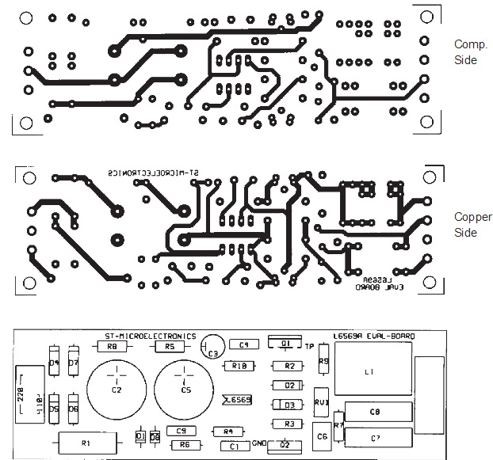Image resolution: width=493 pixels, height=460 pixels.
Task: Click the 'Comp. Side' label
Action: click(x=466, y=52)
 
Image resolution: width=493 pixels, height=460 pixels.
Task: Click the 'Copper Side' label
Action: click(x=467, y=225)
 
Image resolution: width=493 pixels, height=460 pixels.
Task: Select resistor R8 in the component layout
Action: click(x=112, y=347)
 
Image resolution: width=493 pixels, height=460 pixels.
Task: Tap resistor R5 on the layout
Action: click(x=169, y=347)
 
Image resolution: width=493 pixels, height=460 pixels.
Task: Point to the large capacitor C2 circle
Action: click(x=117, y=390)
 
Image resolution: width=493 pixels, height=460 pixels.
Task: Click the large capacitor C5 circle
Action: click(x=185, y=390)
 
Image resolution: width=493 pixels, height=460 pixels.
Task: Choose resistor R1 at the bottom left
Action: click(x=86, y=443)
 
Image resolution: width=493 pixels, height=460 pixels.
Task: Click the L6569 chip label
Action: click(x=237, y=400)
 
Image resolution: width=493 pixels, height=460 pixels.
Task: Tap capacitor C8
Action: click(x=376, y=412)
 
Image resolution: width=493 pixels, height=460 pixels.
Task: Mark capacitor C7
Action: click(x=376, y=437)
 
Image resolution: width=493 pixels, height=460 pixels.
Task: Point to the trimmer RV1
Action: click(x=322, y=401)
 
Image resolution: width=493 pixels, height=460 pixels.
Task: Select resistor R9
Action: click(x=323, y=361)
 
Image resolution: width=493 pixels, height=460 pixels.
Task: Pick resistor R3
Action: click(x=289, y=424)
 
